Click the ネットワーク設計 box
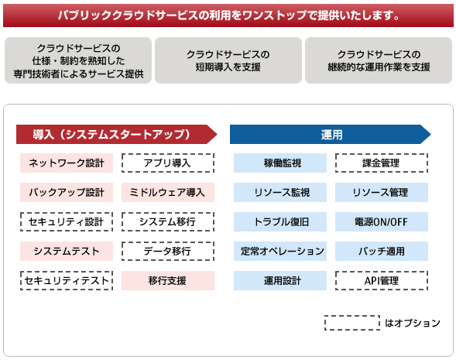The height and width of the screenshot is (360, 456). tap(67, 163)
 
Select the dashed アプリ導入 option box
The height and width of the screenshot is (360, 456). tap(168, 163)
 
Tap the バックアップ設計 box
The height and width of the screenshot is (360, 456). tap(67, 192)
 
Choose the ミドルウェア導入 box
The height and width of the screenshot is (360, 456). tap(168, 192)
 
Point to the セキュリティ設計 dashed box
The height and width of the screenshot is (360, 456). tap(67, 222)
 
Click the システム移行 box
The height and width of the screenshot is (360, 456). tap(168, 222)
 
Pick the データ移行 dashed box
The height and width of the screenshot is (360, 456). tap(168, 252)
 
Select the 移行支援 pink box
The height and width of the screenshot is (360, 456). tap(168, 280)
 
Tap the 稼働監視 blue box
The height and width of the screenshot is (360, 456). tap(280, 163)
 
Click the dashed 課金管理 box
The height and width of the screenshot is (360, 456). tap(382, 163)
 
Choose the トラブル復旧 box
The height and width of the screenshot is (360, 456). tap(280, 222)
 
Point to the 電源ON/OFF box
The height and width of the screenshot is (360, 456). tap(382, 222)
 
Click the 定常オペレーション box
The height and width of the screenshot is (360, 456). tap(280, 252)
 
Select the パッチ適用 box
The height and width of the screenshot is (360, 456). tap(382, 252)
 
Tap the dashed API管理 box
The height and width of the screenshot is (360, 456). tap(382, 280)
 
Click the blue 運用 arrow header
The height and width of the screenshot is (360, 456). tap(331, 135)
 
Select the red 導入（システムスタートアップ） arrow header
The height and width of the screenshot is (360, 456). tap(117, 135)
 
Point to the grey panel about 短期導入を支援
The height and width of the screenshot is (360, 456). tap(228, 60)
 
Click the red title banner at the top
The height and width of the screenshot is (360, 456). tap(228, 15)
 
